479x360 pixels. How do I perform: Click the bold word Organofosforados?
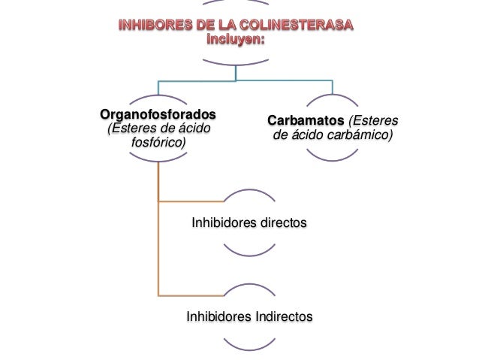tap(158, 115)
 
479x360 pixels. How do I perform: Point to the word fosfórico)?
tap(158, 143)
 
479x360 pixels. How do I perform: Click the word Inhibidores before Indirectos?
tap(218, 316)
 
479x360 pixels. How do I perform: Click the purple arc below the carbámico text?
tap(332, 156)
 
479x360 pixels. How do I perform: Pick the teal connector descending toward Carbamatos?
tap(332, 87)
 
